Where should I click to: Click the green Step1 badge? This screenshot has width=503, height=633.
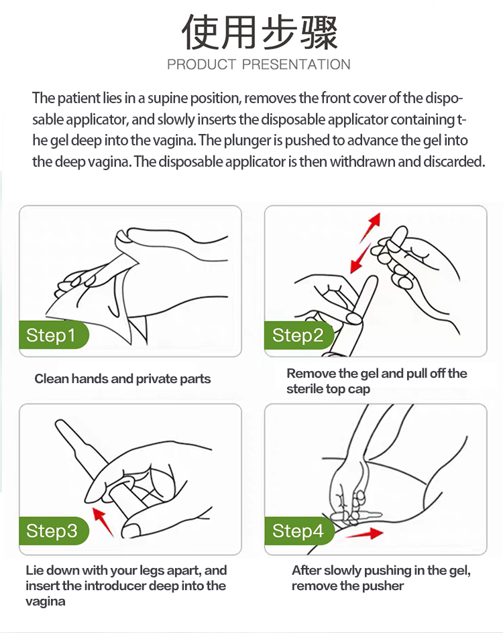54,335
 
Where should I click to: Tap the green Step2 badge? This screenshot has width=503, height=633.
299,335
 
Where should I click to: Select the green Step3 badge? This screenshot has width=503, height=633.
54,531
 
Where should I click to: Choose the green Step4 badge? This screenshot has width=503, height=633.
300,531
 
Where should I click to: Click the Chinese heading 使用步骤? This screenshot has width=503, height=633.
259,32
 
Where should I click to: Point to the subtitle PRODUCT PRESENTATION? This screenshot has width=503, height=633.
259,64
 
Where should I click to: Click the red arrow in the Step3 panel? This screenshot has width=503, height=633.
103,522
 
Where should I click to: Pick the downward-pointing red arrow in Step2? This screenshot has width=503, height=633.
360,259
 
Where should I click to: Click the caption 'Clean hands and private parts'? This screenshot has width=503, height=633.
123,378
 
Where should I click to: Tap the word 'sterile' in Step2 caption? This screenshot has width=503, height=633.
304,389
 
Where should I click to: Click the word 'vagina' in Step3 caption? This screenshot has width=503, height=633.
46,602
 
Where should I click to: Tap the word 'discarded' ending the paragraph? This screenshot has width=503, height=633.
454,161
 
